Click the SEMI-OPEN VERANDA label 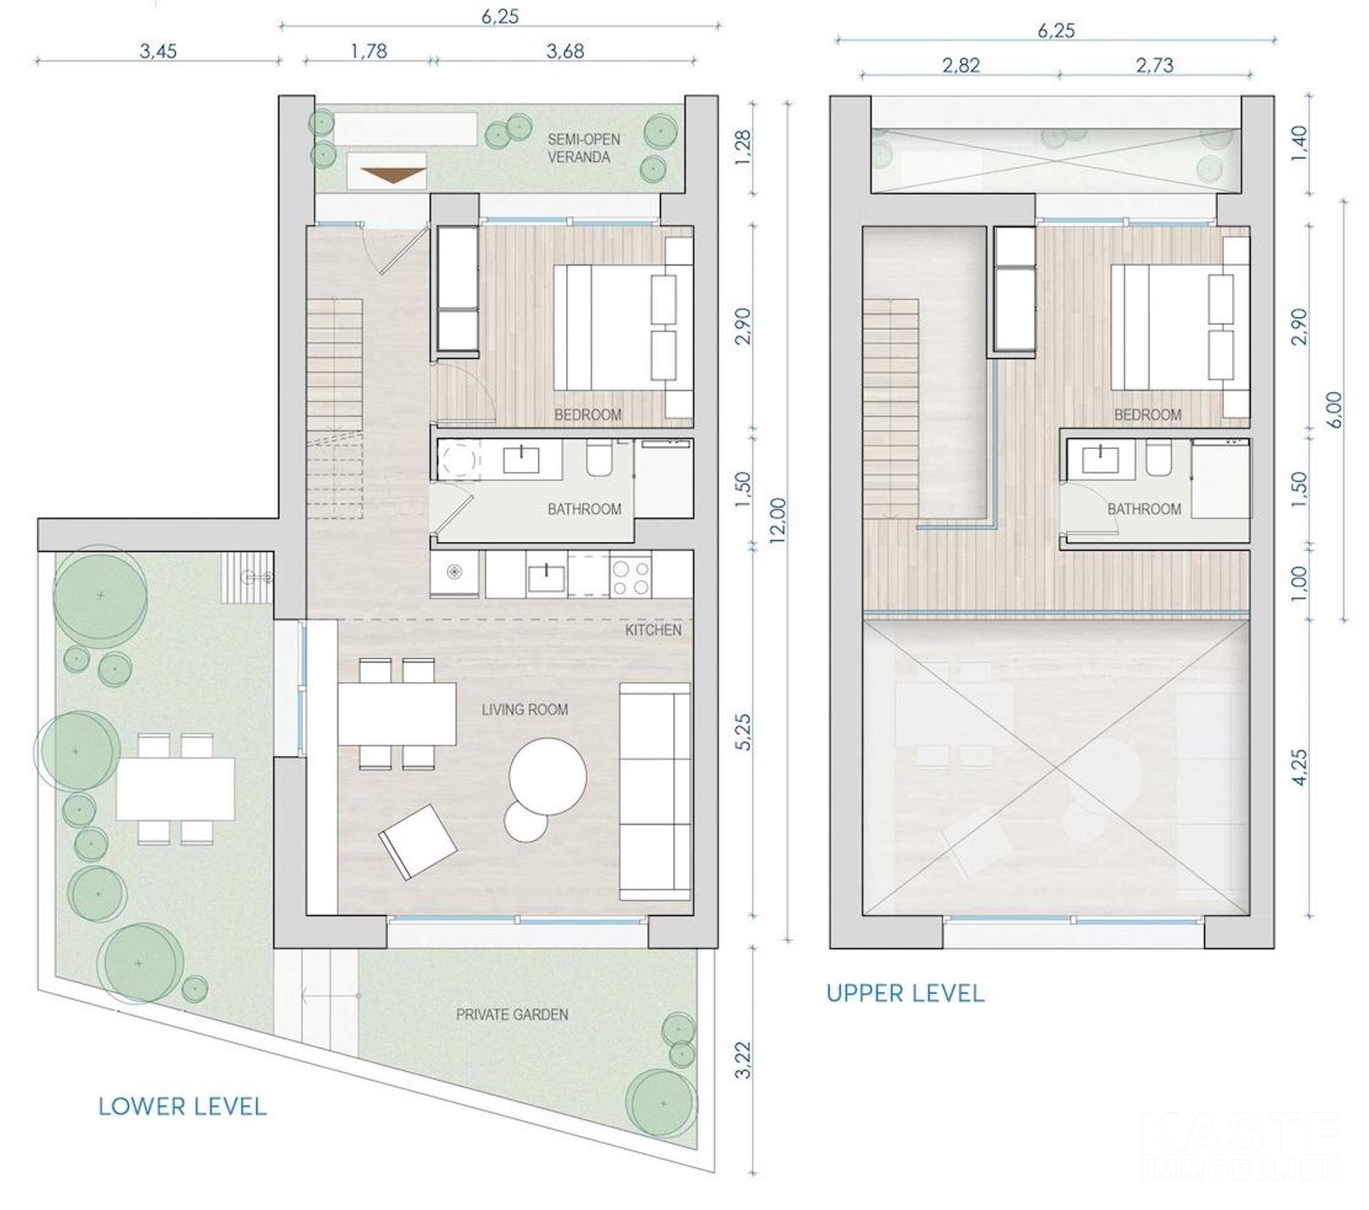pyautogui.click(x=583, y=148)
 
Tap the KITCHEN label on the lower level pyautogui.click(x=653, y=630)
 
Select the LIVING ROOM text pyautogui.click(x=525, y=710)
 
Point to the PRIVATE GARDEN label pyautogui.click(x=512, y=1015)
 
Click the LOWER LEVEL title pyautogui.click(x=183, y=1107)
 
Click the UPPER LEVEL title pyautogui.click(x=906, y=993)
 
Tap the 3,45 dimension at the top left pyautogui.click(x=158, y=51)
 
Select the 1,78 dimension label pyautogui.click(x=369, y=51)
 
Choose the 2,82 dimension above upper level pyautogui.click(x=960, y=66)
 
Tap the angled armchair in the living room pyautogui.click(x=419, y=842)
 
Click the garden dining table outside pyautogui.click(x=175, y=789)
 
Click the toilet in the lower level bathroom pyautogui.click(x=599, y=458)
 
